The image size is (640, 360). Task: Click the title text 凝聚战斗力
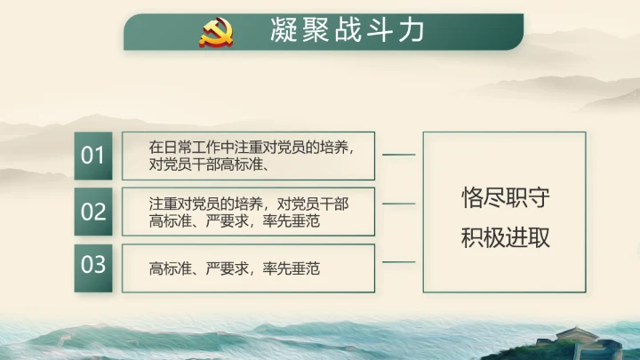[x=347, y=32]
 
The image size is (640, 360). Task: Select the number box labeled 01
[x=93, y=156]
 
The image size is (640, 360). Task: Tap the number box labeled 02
[x=93, y=212]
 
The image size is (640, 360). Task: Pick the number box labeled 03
[x=93, y=265]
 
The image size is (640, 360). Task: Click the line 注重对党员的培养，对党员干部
[x=248, y=204]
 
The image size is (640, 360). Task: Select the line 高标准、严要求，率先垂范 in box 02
[x=235, y=220]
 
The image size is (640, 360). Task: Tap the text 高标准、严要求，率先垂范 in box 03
[x=235, y=268]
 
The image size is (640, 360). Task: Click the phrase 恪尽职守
[x=505, y=198]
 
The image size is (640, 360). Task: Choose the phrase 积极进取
[x=505, y=238]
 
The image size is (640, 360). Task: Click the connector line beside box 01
[x=398, y=155]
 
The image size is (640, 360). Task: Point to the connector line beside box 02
[x=398, y=204]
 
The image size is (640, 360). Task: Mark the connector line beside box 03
[x=398, y=262]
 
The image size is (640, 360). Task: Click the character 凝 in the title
[x=283, y=32]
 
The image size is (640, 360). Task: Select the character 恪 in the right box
[x=472, y=198]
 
